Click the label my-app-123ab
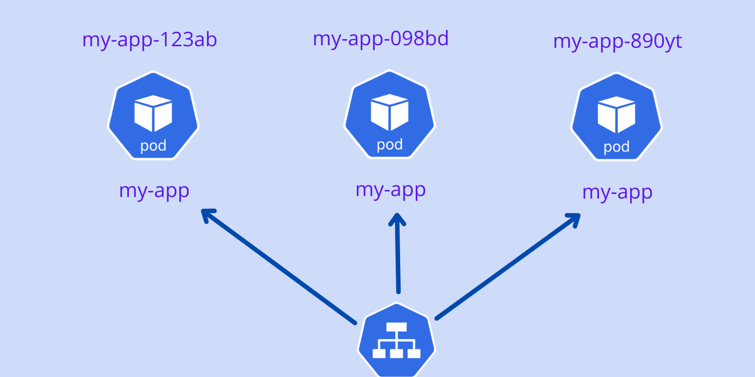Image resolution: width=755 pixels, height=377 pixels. [149, 40]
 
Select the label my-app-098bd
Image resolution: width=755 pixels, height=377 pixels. [381, 39]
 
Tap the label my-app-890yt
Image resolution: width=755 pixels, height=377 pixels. [618, 42]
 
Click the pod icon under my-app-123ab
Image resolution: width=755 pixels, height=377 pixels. [154, 116]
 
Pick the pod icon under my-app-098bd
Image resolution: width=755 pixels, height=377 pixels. [390, 115]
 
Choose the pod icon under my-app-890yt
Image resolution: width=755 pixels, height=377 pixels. [617, 117]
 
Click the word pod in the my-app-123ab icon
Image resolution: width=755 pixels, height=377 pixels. [154, 146]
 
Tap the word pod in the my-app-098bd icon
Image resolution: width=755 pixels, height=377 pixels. [390, 145]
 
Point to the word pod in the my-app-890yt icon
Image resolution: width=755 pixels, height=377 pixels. [617, 147]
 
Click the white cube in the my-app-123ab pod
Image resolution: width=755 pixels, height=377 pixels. [154, 113]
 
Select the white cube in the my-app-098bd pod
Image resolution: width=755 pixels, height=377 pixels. [390, 112]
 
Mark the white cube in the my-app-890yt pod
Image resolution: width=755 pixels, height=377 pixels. [617, 114]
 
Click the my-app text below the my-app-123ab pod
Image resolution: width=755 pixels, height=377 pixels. [154, 192]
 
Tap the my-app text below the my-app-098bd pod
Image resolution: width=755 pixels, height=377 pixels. [391, 190]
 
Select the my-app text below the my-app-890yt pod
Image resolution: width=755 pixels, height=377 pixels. [617, 193]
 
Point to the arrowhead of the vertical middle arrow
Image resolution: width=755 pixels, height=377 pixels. [397, 219]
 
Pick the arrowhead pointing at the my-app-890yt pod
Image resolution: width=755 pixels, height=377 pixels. [574, 219]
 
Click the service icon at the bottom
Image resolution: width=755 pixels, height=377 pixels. [397, 342]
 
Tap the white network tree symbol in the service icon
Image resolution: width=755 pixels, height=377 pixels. [397, 341]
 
